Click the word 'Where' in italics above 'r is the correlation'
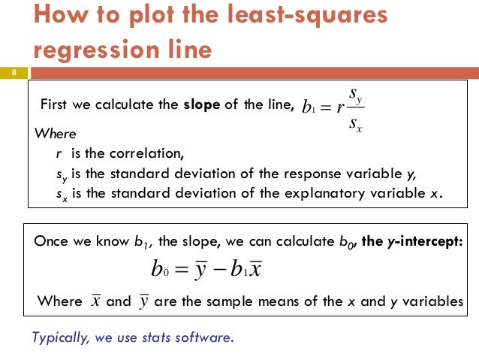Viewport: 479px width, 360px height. click(x=56, y=135)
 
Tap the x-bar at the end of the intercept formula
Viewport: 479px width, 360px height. click(x=255, y=269)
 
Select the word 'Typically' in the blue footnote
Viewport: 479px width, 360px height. click(x=61, y=337)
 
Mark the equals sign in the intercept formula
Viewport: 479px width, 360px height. click(x=182, y=269)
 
